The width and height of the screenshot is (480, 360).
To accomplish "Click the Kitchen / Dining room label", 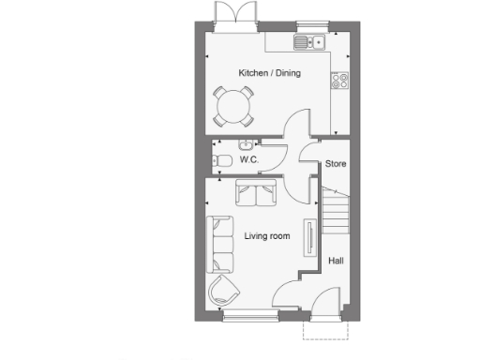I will [x=269, y=73].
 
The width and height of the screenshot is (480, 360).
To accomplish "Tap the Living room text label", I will [x=266, y=236].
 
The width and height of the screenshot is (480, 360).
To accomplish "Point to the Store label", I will [x=336, y=165].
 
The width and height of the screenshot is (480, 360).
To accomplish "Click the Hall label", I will [x=335, y=262].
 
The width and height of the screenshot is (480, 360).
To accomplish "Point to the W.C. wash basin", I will [x=245, y=142].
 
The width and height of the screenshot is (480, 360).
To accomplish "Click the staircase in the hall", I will [x=337, y=212].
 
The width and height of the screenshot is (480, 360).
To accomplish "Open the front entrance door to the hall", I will [x=325, y=305].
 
